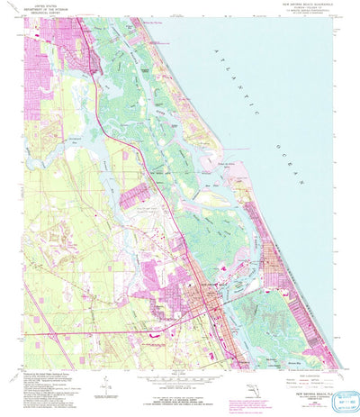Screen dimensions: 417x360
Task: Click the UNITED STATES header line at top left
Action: click(x=40, y=5)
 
